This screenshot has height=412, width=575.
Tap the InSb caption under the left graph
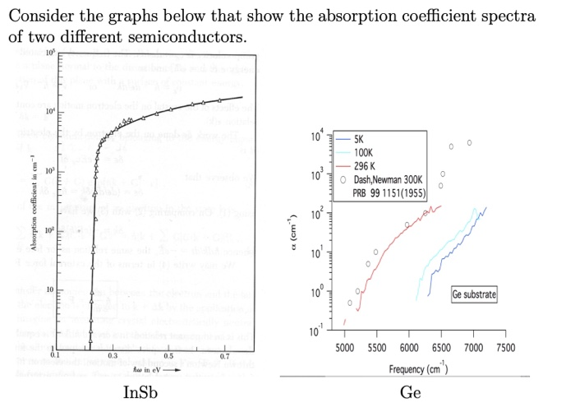tap(139, 392)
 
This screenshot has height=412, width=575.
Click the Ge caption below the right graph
tap(410, 392)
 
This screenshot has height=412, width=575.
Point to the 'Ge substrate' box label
tap(473, 294)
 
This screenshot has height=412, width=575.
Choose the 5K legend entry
tap(361, 141)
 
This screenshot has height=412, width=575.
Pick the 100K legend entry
tap(364, 152)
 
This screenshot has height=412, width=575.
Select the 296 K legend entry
tap(365, 164)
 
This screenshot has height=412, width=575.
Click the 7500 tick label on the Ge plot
tap(505, 349)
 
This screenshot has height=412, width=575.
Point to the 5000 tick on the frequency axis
tap(344, 349)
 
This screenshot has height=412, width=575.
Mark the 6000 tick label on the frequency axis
tap(408, 349)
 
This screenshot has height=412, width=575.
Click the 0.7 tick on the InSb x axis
tap(224, 354)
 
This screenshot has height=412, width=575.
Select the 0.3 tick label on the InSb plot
tap(112, 354)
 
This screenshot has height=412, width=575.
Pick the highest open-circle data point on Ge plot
tap(470, 142)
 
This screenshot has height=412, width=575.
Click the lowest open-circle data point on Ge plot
tap(350, 303)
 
